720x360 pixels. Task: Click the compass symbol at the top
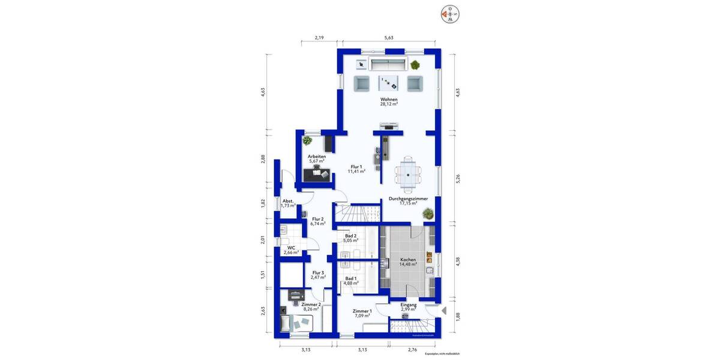pyautogui.click(x=449, y=13)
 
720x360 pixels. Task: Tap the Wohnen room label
pyautogui.click(x=389, y=100)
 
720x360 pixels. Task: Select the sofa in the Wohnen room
pyautogui.click(x=388, y=64)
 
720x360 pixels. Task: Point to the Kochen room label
pyautogui.click(x=408, y=260)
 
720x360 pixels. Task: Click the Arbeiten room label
pyautogui.click(x=316, y=157)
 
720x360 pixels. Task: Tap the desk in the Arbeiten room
pyautogui.click(x=317, y=174)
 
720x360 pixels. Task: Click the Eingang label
pyautogui.click(x=409, y=305)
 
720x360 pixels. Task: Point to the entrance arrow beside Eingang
pyautogui.click(x=444, y=311)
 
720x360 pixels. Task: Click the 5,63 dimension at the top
pyautogui.click(x=389, y=38)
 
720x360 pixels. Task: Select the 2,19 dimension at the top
pyautogui.click(x=319, y=38)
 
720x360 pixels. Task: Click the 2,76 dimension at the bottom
pyautogui.click(x=412, y=349)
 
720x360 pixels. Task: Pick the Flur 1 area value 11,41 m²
pyautogui.click(x=356, y=171)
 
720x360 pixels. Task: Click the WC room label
pyautogui.click(x=291, y=247)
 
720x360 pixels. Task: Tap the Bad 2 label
pyautogui.click(x=350, y=236)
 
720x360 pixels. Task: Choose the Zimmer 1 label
pyautogui.click(x=362, y=311)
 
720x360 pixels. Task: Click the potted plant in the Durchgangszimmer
pyautogui.click(x=427, y=212)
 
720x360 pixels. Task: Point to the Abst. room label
pyautogui.click(x=288, y=201)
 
